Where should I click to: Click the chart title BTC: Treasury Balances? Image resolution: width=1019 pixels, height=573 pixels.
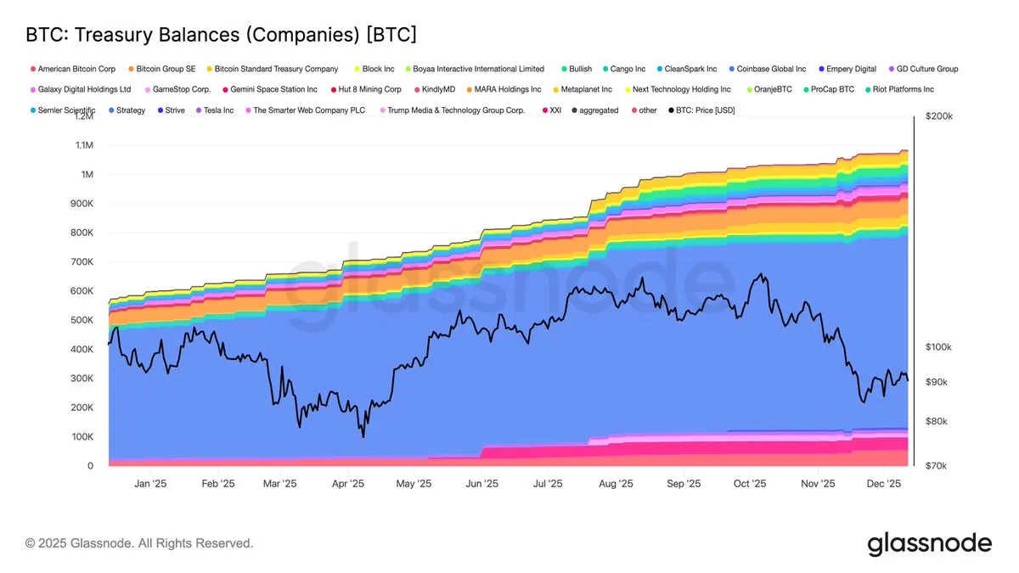coord(221,35)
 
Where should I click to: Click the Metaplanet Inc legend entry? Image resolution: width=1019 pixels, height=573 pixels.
coord(586,89)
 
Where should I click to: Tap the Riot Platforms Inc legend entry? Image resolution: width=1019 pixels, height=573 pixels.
coord(904,89)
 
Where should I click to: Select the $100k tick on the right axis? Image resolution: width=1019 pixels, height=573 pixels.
coord(939,347)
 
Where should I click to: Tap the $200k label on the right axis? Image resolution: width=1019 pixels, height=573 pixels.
coord(939,116)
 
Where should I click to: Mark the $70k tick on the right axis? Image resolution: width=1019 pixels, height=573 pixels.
coord(937,466)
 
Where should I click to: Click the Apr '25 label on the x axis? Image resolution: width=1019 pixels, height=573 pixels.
coord(346,484)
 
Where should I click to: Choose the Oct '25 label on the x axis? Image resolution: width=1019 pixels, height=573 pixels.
coord(749,484)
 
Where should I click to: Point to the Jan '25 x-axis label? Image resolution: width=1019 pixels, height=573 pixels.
coord(149,484)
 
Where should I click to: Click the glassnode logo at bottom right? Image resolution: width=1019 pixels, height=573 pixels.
coord(929,543)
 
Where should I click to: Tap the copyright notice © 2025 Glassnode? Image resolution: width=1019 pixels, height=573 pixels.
coord(139,543)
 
